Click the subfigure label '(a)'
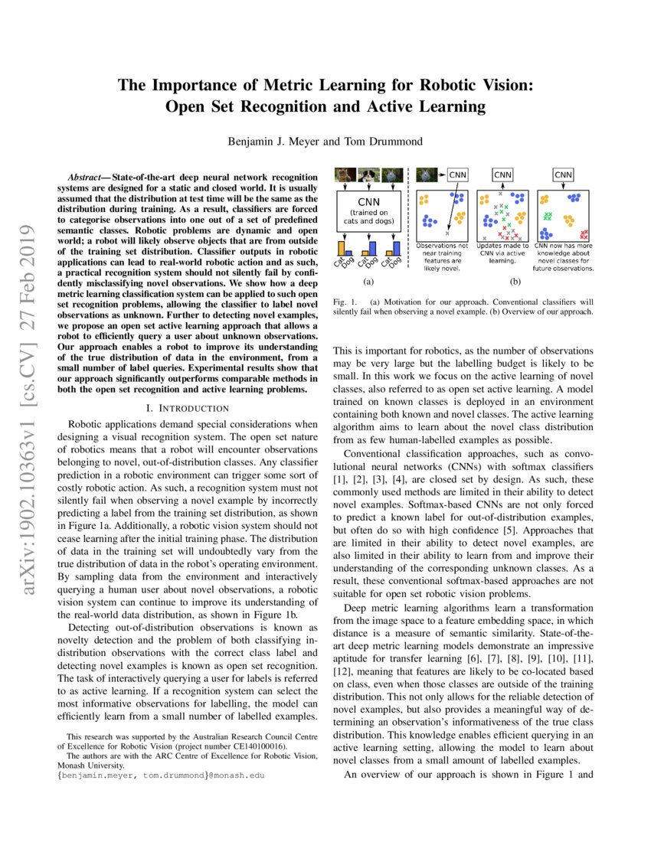tap(368, 282)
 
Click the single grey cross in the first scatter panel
tap(447, 232)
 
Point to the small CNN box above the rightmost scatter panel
tap(565, 175)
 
